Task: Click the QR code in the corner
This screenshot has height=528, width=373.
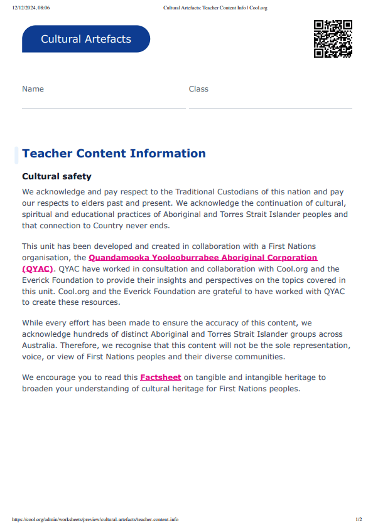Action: click(x=333, y=39)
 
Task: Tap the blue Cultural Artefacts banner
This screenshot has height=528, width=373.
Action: click(x=86, y=39)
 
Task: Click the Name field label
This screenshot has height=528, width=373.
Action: click(x=33, y=89)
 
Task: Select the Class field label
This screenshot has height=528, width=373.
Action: click(x=198, y=89)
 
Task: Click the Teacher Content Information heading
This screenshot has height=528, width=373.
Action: click(x=114, y=154)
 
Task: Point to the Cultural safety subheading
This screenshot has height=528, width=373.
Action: click(x=57, y=177)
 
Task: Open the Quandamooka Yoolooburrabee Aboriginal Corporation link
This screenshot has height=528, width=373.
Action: click(x=203, y=258)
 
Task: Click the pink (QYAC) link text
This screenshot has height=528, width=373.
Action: click(x=37, y=268)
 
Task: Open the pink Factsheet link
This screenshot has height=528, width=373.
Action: click(x=161, y=378)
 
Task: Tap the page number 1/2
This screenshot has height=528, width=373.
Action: click(x=359, y=519)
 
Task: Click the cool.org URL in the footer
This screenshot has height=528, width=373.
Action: click(x=95, y=519)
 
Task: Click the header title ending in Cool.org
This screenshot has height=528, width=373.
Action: click(x=215, y=8)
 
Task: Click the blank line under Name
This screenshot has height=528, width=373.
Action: click(x=104, y=108)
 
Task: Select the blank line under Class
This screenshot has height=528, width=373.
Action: click(x=270, y=108)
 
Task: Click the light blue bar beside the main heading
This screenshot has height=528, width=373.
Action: click(x=16, y=154)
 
